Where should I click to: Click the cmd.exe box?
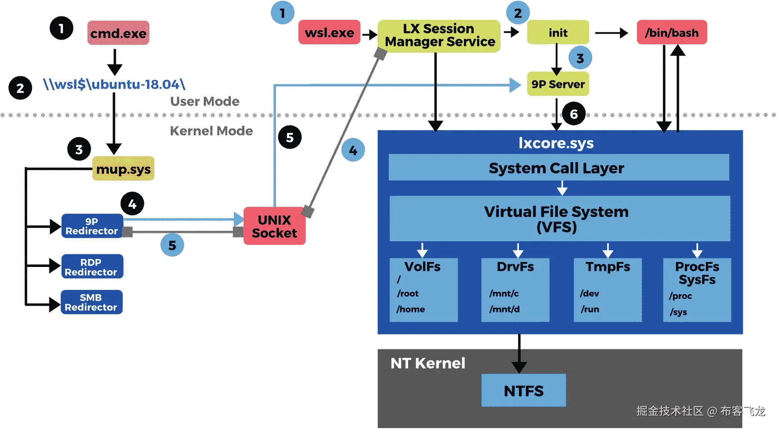tap(118, 33)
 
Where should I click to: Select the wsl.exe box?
tap(329, 32)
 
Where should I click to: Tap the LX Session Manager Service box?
tap(439, 36)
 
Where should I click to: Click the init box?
tap(558, 32)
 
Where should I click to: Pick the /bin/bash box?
tap(672, 32)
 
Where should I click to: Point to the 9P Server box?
tap(558, 84)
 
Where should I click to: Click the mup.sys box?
tap(123, 169)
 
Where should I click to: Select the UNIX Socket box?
tap(274, 226)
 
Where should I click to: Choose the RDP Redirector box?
tap(91, 267)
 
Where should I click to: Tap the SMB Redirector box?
tap(91, 303)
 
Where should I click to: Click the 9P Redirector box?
tap(92, 226)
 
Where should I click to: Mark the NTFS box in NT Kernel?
tap(523, 390)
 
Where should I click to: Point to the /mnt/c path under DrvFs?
tap(504, 294)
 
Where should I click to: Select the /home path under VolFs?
tap(410, 309)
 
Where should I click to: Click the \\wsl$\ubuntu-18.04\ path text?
tap(114, 84)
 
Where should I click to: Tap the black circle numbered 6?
tap(573, 114)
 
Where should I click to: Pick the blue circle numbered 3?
tap(580, 58)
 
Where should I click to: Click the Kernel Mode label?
tap(211, 131)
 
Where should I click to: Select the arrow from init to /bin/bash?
tap(611, 33)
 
